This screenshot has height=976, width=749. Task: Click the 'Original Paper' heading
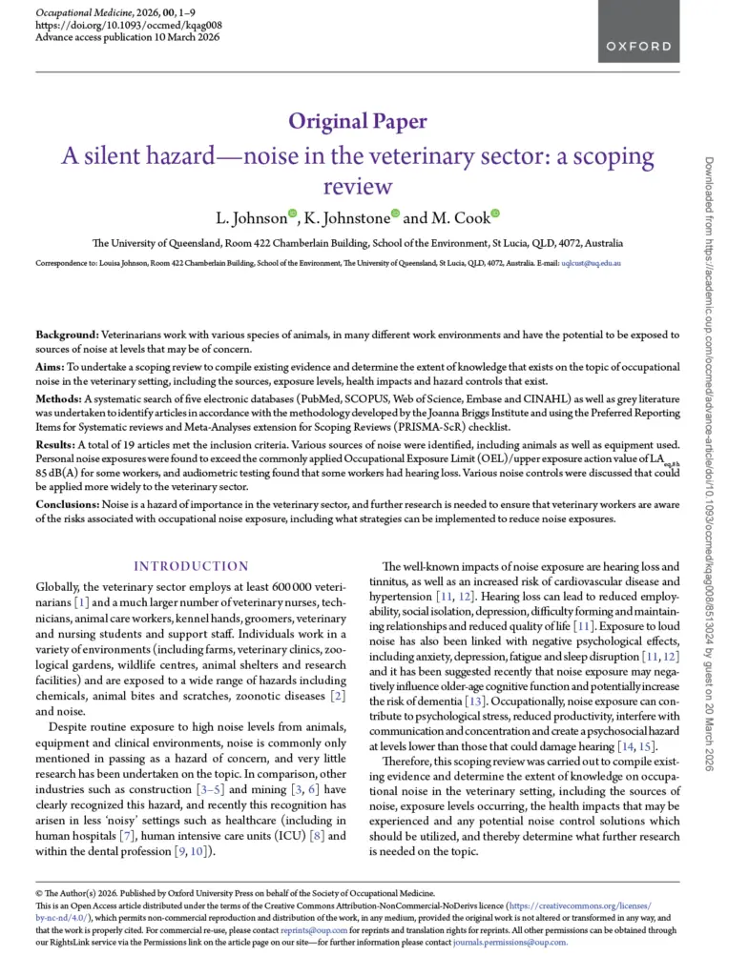(x=357, y=121)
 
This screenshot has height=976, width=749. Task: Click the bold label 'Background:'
(x=67, y=335)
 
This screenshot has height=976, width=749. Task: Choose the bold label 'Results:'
(x=57, y=444)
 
